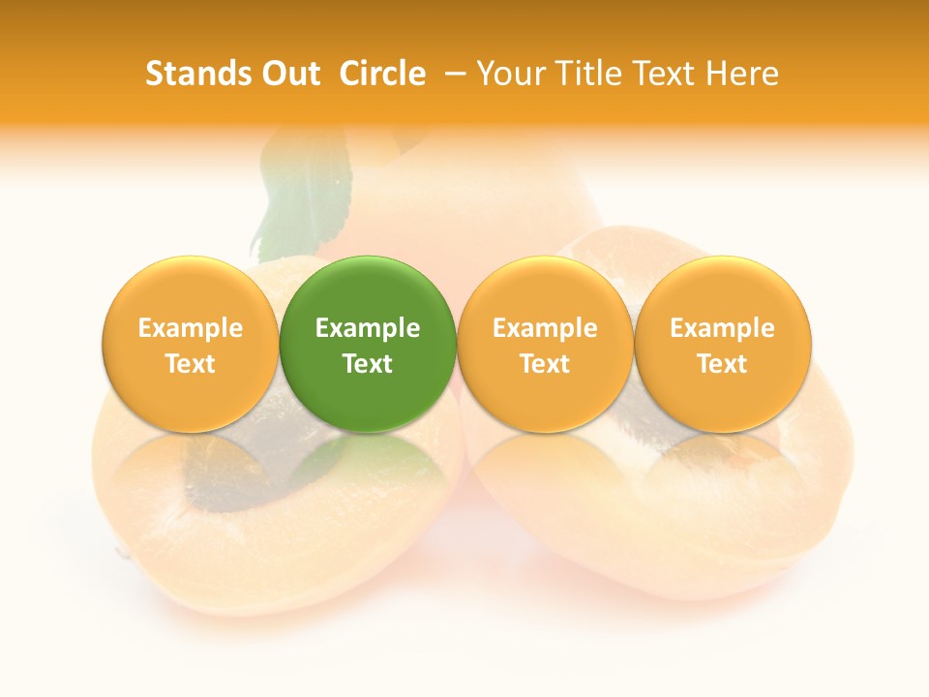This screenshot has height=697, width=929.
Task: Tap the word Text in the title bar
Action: (662, 74)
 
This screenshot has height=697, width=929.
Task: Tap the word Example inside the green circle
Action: (368, 328)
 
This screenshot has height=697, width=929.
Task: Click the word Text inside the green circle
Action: (368, 364)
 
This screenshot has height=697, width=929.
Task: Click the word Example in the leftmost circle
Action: (191, 328)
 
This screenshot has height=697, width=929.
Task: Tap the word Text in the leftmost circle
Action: (191, 364)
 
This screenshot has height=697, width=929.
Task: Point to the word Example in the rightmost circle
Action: (723, 328)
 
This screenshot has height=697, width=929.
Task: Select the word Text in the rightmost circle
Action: (723, 364)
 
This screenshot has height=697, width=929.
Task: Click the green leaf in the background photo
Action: (300, 194)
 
